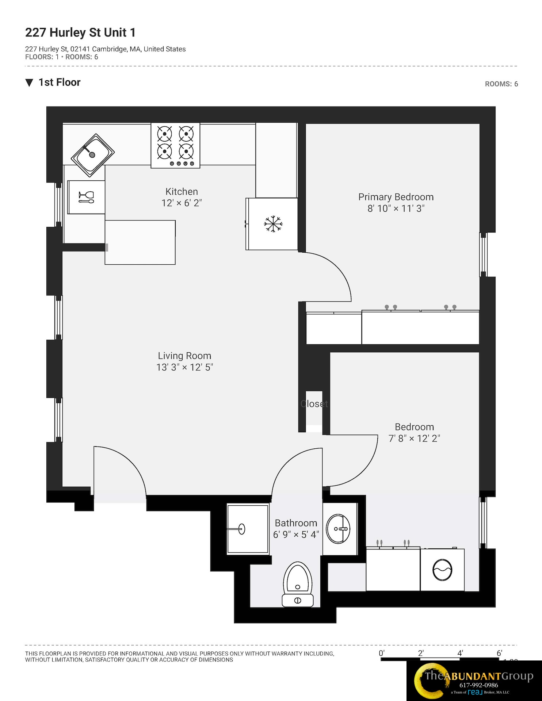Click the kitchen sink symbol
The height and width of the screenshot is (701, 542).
[x=92, y=155]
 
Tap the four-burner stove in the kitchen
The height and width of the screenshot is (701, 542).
[x=175, y=145]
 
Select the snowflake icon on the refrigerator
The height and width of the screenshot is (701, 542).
[x=273, y=224]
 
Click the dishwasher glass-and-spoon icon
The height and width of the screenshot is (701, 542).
[x=86, y=197]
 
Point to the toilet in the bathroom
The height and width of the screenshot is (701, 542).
[x=298, y=584]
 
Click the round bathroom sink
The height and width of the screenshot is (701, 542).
[x=338, y=529]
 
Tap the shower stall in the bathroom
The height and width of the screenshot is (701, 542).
[x=248, y=529]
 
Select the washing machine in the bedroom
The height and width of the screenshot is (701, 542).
[x=442, y=570]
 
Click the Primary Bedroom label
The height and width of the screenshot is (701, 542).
[x=396, y=197]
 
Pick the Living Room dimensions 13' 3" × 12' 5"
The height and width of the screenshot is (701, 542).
[x=184, y=367]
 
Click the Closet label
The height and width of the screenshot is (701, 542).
[x=314, y=404]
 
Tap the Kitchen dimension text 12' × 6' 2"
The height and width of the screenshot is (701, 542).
[x=182, y=203]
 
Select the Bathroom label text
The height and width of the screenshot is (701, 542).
[x=296, y=523]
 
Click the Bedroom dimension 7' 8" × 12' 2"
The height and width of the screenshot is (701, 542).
[x=414, y=438]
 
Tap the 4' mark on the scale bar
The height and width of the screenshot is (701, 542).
[x=460, y=653]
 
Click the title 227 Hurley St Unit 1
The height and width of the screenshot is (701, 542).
[x=80, y=32]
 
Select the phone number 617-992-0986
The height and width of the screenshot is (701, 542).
[x=478, y=685]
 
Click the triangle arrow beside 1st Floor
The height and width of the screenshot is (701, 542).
[x=29, y=83]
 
